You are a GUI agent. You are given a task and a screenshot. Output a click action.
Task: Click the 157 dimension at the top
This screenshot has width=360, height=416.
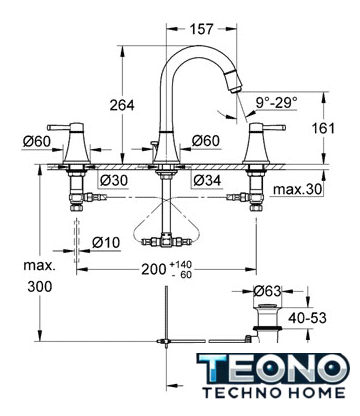pos(201,29)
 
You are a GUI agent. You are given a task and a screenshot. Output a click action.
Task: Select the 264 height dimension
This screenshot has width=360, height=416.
pos(122,105)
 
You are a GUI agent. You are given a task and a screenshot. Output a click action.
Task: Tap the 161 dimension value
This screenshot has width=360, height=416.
pos(323,128)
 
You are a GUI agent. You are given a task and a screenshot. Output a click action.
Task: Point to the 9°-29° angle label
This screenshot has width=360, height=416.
pos(276,103)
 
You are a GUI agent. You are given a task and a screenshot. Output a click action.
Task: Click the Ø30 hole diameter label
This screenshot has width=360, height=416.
pos(114,180)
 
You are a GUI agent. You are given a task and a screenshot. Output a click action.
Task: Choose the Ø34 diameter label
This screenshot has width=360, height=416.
pos(207,180)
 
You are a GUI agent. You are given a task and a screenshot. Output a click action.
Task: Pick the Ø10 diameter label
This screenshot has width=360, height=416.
pos(106,242)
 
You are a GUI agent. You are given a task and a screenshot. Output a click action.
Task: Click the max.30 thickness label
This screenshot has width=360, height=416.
pos(298,189)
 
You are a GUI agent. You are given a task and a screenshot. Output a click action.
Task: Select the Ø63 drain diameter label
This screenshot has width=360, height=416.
pos(267,291)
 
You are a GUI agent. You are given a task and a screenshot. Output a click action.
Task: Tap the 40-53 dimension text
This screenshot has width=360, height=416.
pos(307,318)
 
